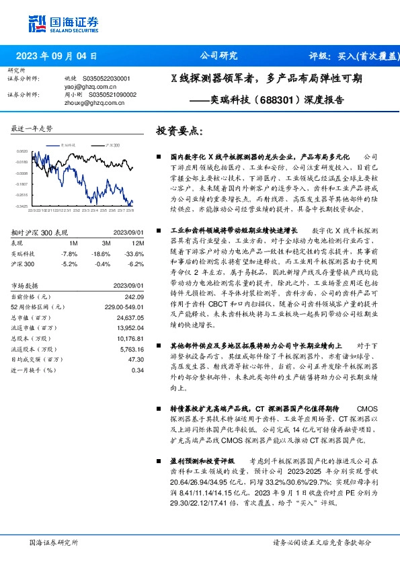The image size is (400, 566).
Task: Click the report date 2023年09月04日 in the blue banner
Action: coord(54,56)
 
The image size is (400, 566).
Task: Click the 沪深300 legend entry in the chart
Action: coord(112,145)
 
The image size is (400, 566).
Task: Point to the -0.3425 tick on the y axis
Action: coord(22,206)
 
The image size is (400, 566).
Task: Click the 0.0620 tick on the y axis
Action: coord(22,151)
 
